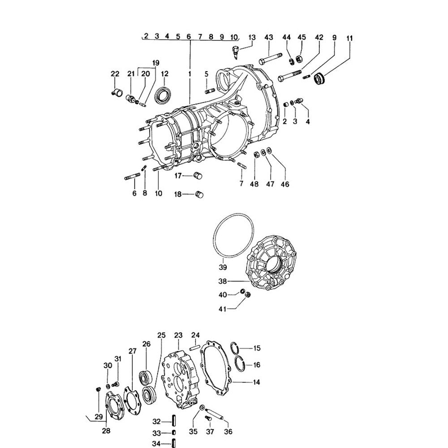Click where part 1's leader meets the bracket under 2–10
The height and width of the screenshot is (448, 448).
tap(190, 41)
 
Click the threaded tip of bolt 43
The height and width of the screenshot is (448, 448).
tap(280, 55)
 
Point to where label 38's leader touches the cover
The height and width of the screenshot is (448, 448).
tap(249, 281)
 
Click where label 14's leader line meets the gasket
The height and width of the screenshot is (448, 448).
tap(233, 381)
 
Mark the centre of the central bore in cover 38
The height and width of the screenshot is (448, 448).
tap(275, 264)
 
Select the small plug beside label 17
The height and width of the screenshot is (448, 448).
tap(198, 175)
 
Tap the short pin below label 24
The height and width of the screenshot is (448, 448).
tap(194, 348)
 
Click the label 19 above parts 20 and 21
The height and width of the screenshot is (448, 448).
tap(156, 63)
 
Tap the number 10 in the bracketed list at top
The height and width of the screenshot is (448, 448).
tap(234, 37)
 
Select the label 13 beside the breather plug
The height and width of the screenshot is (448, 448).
tap(252, 38)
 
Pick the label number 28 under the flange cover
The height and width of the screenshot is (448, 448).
tap(106, 431)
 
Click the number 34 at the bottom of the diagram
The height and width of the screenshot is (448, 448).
tap(156, 444)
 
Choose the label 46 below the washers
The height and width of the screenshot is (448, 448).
tap(285, 184)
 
